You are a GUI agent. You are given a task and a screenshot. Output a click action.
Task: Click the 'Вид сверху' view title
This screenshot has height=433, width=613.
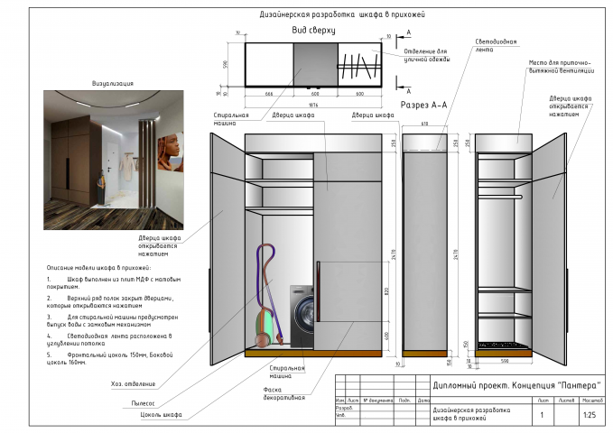point(313,30)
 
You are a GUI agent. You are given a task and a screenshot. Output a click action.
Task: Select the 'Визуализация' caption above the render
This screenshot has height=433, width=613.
point(113,83)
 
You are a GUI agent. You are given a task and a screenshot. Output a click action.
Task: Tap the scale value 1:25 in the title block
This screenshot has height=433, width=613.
point(590,415)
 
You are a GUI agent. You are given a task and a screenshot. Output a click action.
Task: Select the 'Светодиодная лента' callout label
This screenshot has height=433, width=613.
point(497,46)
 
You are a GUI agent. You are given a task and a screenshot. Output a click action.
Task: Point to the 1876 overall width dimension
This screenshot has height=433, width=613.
point(312,103)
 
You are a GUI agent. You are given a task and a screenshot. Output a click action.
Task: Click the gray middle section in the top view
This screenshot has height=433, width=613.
point(315,64)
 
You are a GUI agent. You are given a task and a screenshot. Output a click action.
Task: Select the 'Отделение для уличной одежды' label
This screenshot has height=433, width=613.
point(423,55)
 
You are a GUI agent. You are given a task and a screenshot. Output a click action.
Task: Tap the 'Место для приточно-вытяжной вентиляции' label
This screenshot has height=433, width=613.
point(561,67)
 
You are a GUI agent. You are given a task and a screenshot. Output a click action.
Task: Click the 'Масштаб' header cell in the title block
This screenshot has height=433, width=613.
point(592,399)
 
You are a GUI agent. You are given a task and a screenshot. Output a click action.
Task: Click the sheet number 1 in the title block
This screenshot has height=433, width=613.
point(542,415)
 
